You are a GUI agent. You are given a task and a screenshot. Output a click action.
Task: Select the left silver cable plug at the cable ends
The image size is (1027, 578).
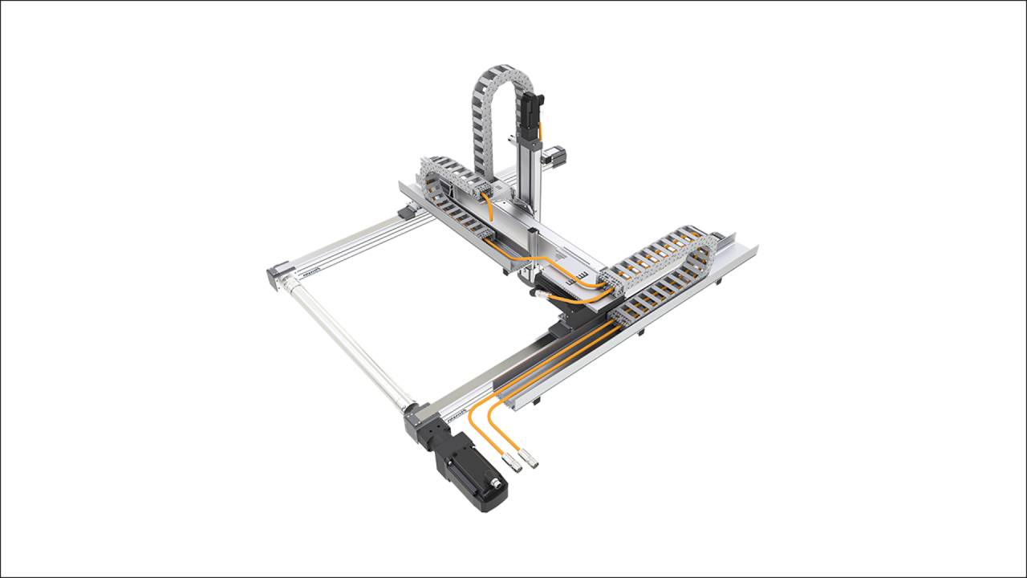point(516,465)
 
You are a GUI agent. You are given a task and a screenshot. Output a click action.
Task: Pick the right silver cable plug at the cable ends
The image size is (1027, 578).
point(531,462)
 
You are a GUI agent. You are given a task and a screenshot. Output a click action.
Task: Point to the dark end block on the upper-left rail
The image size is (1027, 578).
point(405,212)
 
